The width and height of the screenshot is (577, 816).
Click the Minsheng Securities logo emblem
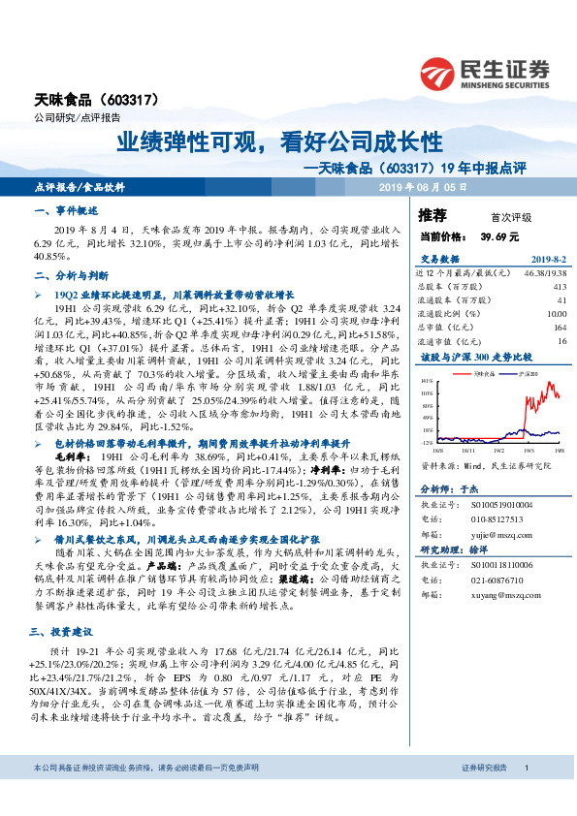coord(439,73)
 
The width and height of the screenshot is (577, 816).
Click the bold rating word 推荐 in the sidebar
coord(433,215)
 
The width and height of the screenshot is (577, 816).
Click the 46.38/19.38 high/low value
coord(543,274)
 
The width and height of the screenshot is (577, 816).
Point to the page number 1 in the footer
coord(526,795)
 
